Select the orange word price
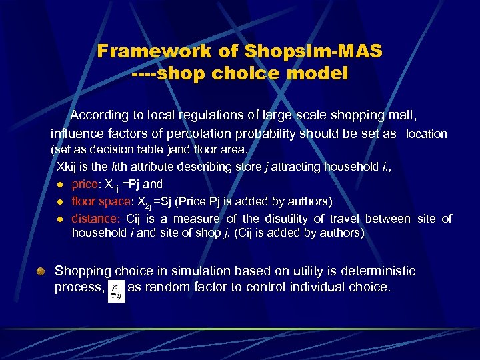85,184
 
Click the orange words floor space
100,201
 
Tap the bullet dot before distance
59,219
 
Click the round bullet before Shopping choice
41,271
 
